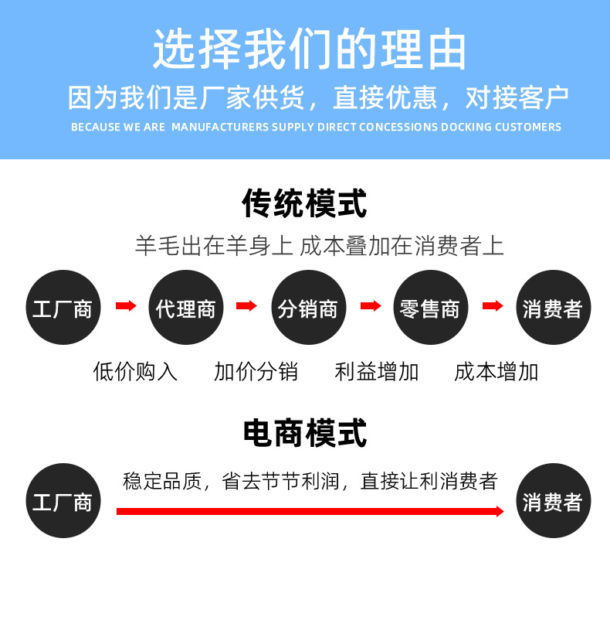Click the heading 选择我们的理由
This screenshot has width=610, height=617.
pyautogui.click(x=310, y=49)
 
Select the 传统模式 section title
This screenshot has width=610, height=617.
pyautogui.click(x=305, y=203)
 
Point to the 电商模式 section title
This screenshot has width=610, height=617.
pyautogui.click(x=305, y=433)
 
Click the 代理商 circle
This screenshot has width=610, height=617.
pyautogui.click(x=186, y=308)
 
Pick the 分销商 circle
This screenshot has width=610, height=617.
pyautogui.click(x=308, y=308)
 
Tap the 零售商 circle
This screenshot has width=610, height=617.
pyautogui.click(x=430, y=308)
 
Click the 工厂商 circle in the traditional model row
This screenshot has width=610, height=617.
pyautogui.click(x=63, y=308)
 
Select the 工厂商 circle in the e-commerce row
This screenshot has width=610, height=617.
pyautogui.click(x=63, y=501)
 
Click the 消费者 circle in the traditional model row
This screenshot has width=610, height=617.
pyautogui.click(x=553, y=308)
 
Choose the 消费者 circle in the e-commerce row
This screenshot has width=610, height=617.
pyautogui.click(x=553, y=501)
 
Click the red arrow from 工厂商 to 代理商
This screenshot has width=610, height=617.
pyautogui.click(x=125, y=306)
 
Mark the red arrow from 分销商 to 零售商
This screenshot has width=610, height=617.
pyautogui.click(x=371, y=306)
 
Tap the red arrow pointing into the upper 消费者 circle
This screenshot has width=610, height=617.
pyautogui.click(x=493, y=306)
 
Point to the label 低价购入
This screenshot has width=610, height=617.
pyautogui.click(x=135, y=372)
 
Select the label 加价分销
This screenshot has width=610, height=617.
pyautogui.click(x=256, y=372)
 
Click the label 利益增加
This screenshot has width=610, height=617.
pyautogui.click(x=377, y=372)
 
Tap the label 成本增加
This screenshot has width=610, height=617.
pyautogui.click(x=496, y=372)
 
